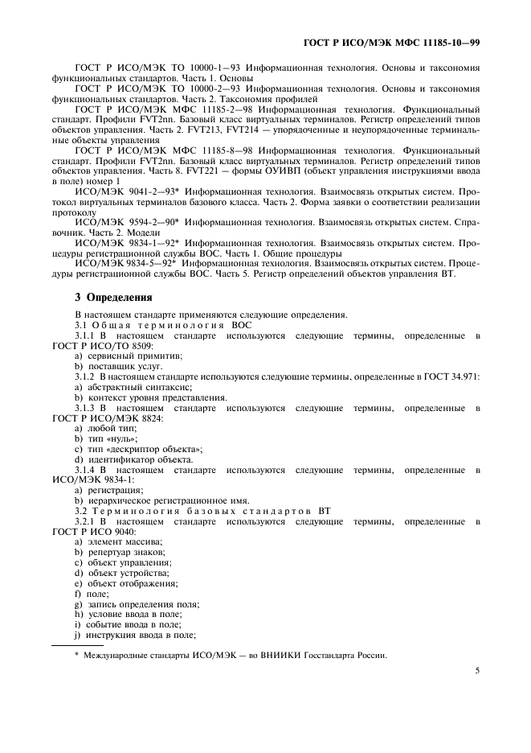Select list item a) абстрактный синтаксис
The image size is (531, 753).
coord(123,386)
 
